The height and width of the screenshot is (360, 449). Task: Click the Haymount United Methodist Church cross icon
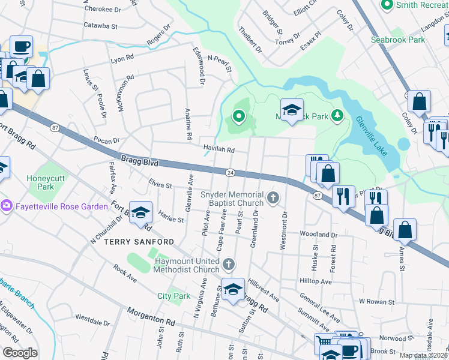228,264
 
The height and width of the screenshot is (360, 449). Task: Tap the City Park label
173,296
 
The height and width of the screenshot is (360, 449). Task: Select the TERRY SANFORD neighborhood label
139,242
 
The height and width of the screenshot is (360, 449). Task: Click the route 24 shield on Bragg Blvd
230,173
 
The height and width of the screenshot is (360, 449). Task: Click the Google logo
20,353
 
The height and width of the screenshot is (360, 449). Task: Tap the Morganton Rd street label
151,317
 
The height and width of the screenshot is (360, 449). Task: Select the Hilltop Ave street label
315,281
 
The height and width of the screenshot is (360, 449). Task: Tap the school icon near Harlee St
141,214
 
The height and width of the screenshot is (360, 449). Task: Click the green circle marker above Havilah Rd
239,116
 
